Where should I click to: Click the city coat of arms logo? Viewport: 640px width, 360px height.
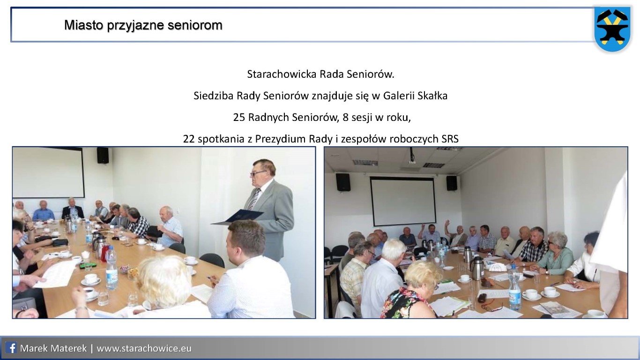tap(612, 29)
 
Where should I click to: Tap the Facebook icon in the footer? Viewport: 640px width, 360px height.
tap(11, 348)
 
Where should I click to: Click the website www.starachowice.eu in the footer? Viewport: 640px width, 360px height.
tap(144, 348)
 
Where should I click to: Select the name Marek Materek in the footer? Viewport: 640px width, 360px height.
tap(53, 348)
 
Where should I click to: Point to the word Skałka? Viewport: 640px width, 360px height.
tap(432, 96)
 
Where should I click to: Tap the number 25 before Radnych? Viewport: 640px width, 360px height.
tap(239, 117)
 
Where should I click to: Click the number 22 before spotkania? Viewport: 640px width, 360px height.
tap(189, 139)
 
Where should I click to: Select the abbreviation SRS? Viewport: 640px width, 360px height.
tap(450, 139)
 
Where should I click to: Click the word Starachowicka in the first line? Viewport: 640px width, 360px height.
tap(282, 75)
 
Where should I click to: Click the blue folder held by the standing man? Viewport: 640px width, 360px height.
tap(237, 217)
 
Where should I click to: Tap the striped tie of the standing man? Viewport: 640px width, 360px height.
tap(253, 199)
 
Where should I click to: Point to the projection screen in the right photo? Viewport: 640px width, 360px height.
tap(403, 201)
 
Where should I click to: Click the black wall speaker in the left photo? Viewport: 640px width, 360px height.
tap(103, 155)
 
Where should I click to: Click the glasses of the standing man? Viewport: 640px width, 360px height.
tap(258, 173)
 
